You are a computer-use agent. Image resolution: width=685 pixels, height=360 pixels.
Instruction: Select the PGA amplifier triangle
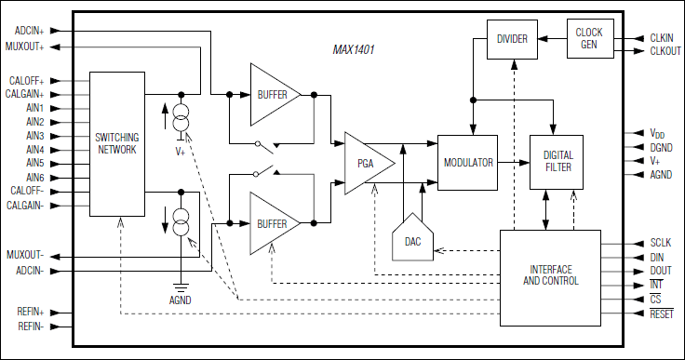366,163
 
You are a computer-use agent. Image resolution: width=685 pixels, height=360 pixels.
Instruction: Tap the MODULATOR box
467,162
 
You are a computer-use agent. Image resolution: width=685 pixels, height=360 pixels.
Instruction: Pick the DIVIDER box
512,39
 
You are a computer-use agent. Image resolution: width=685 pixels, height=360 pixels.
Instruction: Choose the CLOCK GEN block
589,38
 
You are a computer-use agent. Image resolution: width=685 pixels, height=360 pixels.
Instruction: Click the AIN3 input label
35,136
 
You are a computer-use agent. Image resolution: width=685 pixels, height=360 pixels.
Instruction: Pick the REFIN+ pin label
30,313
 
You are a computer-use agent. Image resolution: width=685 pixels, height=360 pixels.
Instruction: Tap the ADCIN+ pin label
30,31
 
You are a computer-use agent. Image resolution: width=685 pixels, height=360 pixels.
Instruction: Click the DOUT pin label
661,271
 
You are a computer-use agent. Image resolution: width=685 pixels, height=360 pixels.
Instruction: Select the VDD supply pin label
659,134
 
